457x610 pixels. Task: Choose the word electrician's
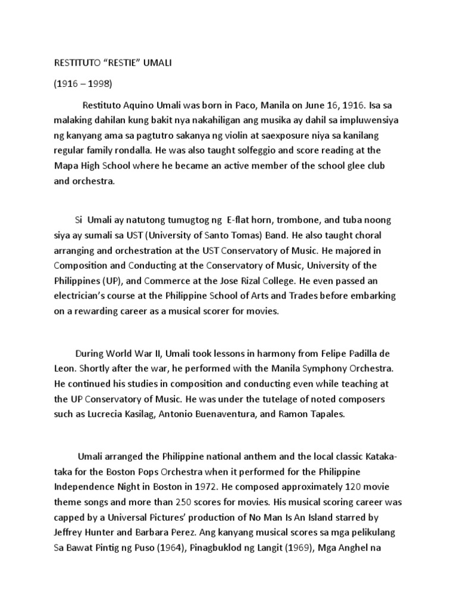(x=84, y=295)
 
